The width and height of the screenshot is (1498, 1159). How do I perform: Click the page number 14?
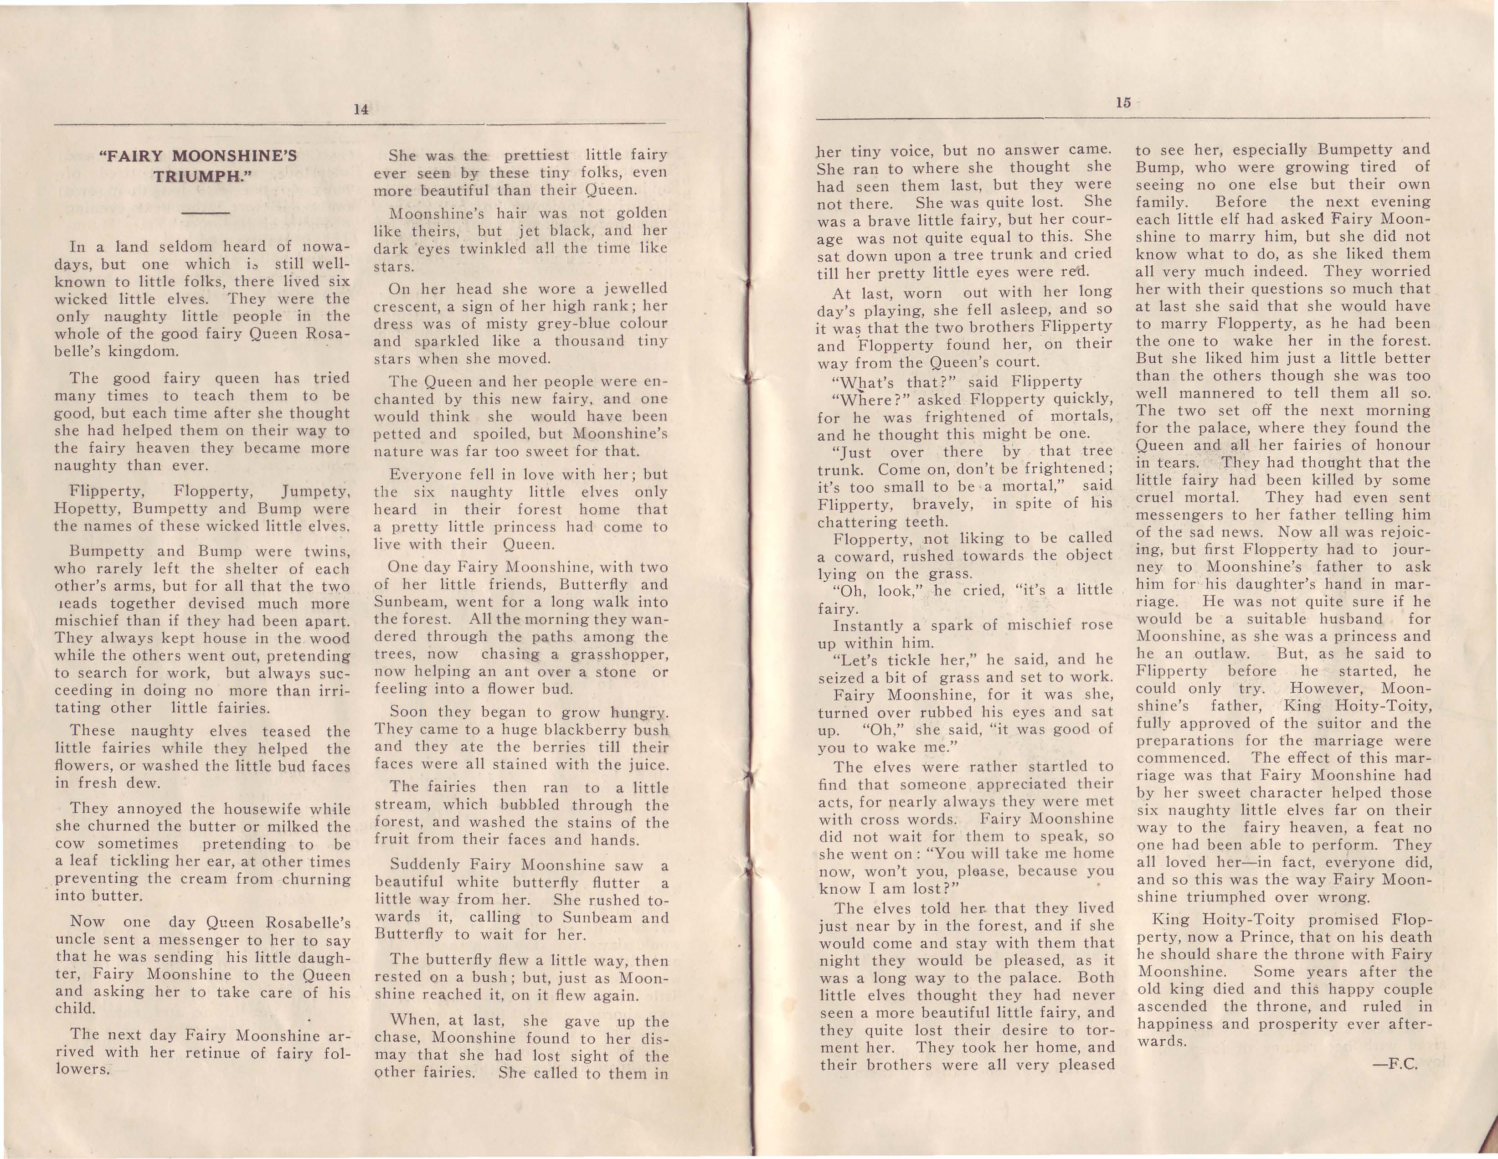click(361, 109)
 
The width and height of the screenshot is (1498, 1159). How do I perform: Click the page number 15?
click(1122, 103)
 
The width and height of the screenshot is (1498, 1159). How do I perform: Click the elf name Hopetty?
click(88, 509)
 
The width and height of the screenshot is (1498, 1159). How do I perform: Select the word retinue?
click(205, 1052)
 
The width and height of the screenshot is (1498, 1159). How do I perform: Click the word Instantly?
click(867, 625)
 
